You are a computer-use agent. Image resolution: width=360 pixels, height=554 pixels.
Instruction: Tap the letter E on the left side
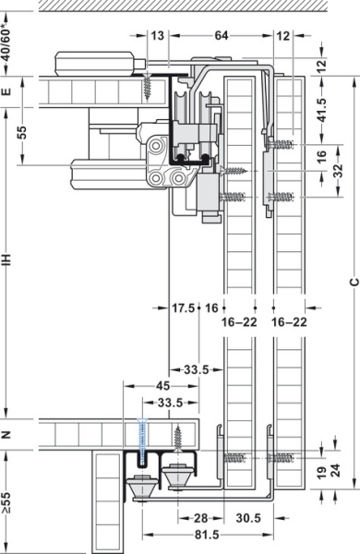[x=7, y=91]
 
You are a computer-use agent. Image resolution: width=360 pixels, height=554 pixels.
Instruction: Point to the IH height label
[x=7, y=261]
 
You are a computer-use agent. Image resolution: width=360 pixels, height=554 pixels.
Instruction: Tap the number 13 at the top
[x=158, y=36]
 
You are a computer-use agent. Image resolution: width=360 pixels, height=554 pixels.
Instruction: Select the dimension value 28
[x=199, y=518]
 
